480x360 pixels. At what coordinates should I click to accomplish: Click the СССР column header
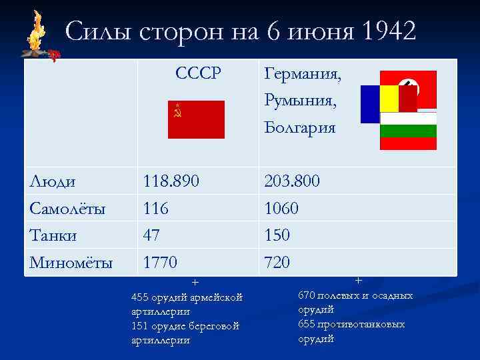pyautogui.click(x=198, y=73)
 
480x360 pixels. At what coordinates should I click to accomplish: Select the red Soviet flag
pyautogui.click(x=196, y=119)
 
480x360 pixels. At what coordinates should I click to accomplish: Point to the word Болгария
pyautogui.click(x=299, y=127)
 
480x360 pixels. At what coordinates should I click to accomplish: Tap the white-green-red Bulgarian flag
pyautogui.click(x=408, y=131)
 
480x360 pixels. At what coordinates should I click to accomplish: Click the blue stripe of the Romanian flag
pyautogui.click(x=370, y=104)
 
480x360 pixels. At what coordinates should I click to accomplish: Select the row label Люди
pyautogui.click(x=53, y=181)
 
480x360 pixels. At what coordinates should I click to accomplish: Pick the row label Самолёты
pyautogui.click(x=67, y=209)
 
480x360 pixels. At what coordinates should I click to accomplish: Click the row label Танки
pyautogui.click(x=53, y=235)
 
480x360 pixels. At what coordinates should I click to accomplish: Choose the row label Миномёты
pyautogui.click(x=71, y=263)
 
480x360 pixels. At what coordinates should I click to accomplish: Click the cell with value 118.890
pyautogui.click(x=171, y=181)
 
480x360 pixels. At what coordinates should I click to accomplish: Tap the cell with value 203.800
pyautogui.click(x=292, y=181)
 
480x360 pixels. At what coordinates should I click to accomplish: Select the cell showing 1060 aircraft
pyautogui.click(x=281, y=209)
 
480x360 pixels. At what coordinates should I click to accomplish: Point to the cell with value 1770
pyautogui.click(x=161, y=263)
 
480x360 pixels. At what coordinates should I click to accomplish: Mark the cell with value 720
pyautogui.click(x=277, y=263)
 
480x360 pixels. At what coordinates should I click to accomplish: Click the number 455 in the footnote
pyautogui.click(x=141, y=297)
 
